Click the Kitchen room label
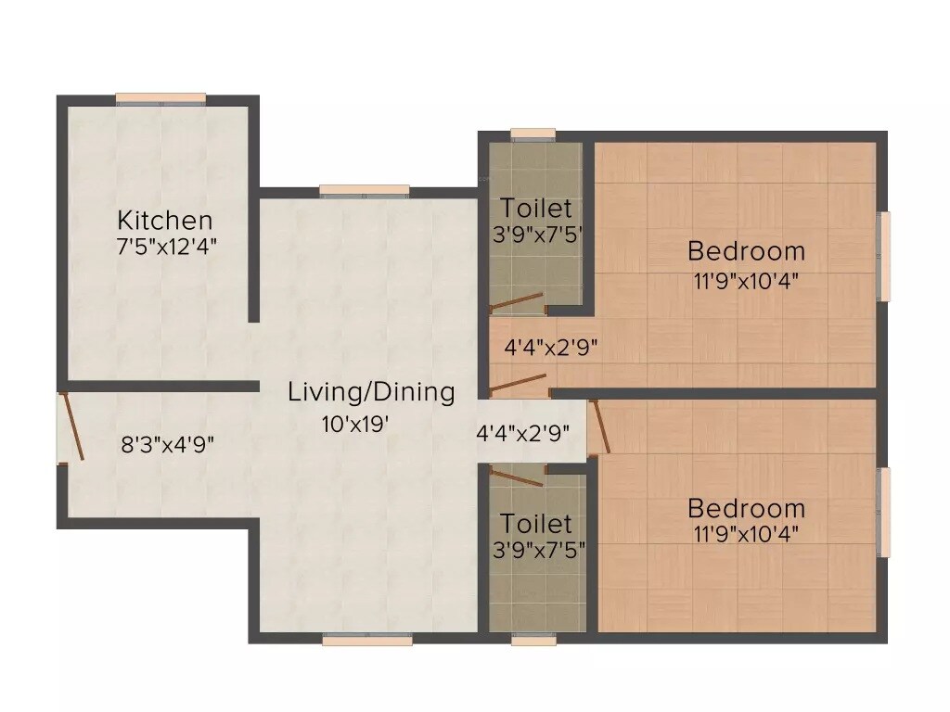(x=164, y=221)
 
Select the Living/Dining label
(x=371, y=392)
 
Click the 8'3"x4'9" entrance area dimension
(x=168, y=444)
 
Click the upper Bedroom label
(x=746, y=251)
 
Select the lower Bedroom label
(x=746, y=508)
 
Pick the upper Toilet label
(x=536, y=209)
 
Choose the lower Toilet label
(x=536, y=524)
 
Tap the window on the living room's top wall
(x=365, y=191)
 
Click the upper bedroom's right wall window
(x=885, y=257)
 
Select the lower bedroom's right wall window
(x=885, y=512)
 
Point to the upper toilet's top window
(x=533, y=134)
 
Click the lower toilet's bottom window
(x=533, y=639)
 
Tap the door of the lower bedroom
(x=599, y=428)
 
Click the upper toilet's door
(x=516, y=300)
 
